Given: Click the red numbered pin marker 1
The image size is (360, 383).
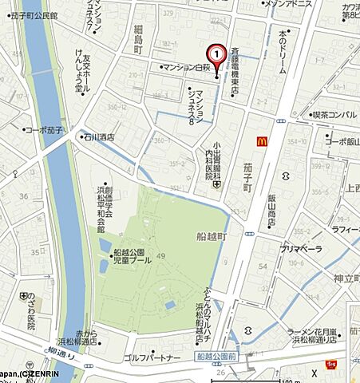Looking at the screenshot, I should pos(216,53).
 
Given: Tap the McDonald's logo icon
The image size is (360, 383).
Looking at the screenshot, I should pos(260,141).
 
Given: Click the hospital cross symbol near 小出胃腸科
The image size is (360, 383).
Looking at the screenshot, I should pos(217,185).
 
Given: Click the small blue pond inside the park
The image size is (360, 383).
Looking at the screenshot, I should pos(168,305).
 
